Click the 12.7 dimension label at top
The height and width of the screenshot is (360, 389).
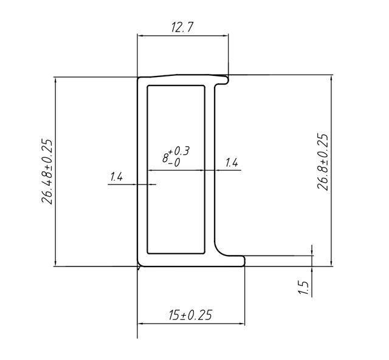182,27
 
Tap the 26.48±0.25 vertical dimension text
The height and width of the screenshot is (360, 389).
47,172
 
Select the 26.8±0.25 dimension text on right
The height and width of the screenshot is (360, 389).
323,162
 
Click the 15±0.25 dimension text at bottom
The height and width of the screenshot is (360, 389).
190,315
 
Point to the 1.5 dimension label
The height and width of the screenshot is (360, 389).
303,287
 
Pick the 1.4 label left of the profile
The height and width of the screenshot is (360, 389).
116,177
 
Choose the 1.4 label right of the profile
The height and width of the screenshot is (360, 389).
232,163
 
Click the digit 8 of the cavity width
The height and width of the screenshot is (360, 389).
165,158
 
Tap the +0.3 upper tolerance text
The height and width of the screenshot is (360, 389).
179,151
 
